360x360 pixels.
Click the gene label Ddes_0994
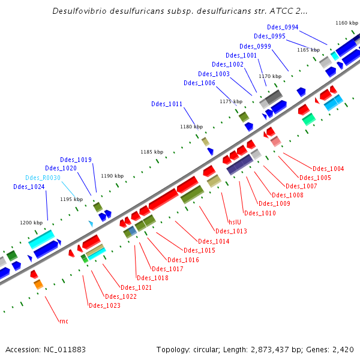click(283, 27)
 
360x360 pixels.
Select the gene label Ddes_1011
click(167, 104)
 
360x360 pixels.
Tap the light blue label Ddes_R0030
click(43, 178)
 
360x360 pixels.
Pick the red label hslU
click(235, 220)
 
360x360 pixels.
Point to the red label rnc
click(64, 321)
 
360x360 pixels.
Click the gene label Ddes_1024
click(29, 187)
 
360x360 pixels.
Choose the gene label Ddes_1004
click(328, 169)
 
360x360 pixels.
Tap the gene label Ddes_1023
click(104, 305)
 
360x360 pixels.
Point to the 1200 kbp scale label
click(31, 223)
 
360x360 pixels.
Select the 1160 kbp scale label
click(346, 23)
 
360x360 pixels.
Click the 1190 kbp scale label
click(112, 176)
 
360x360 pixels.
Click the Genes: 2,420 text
click(333, 349)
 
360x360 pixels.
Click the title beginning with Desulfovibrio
click(180, 11)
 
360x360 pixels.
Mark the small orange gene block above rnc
click(38, 284)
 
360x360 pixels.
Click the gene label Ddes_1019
click(76, 160)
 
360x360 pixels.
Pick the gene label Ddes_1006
click(200, 83)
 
